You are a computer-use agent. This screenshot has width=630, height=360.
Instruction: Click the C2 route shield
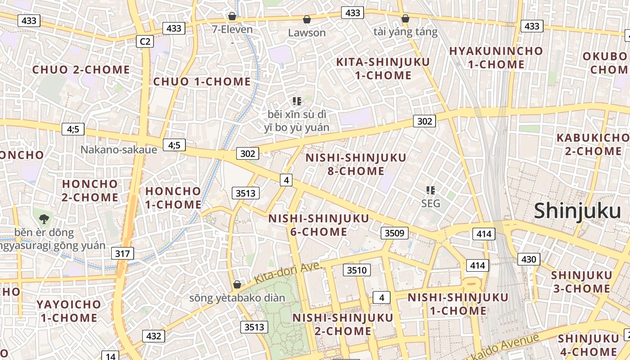tap(145, 42)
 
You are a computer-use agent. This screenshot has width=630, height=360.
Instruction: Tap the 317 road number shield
tap(122, 253)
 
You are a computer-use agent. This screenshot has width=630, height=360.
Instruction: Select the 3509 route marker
tap(395, 233)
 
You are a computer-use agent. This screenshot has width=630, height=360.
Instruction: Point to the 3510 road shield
tap(357, 270)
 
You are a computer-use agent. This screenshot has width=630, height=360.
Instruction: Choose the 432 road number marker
tap(153, 336)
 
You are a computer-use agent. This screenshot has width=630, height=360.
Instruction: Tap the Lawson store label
tap(306, 32)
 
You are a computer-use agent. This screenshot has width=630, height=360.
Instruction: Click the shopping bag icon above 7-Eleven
tap(232, 17)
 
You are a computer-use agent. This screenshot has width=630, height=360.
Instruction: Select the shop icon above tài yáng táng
tap(405, 18)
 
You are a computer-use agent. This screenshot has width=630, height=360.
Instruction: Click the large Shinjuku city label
tap(577, 211)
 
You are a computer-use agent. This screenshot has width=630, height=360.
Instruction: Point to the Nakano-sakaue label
tap(119, 149)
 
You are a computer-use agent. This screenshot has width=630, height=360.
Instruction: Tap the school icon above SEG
tap(431, 190)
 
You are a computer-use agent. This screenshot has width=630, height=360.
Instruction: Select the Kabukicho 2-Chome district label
tap(593, 144)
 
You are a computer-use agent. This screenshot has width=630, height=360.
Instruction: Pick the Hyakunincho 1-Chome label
tap(496, 58)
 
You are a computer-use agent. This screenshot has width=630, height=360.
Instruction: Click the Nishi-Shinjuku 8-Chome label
tap(355, 164)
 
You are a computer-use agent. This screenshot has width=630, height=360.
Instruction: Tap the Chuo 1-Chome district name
tap(202, 81)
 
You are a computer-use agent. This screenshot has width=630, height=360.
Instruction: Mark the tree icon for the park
tap(44, 219)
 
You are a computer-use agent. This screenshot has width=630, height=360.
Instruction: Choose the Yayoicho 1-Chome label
tap(69, 311)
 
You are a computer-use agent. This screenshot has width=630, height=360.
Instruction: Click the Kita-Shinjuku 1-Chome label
tap(383, 68)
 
